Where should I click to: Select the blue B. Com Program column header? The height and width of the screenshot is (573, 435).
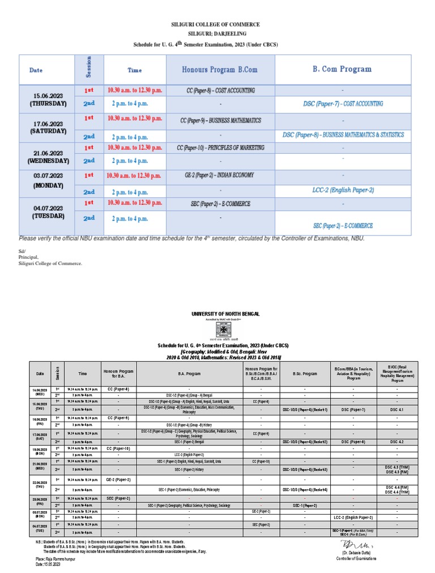pyautogui.click(x=342, y=69)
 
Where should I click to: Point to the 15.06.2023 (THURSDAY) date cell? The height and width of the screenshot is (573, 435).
pyautogui.click(x=49, y=99)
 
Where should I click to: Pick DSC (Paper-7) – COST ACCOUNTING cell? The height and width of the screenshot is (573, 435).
pyautogui.click(x=343, y=104)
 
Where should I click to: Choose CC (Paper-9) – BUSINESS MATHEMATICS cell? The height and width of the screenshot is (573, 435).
pyautogui.click(x=220, y=120)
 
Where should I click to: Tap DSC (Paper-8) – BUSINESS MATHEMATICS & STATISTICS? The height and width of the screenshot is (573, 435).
pyautogui.click(x=343, y=135)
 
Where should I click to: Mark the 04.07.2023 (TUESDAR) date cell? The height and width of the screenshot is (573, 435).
pyautogui.click(x=49, y=212)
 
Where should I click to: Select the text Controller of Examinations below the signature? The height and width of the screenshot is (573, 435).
pyautogui.click(x=356, y=559)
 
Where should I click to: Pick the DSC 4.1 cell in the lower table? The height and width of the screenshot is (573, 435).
pyautogui.click(x=397, y=408)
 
